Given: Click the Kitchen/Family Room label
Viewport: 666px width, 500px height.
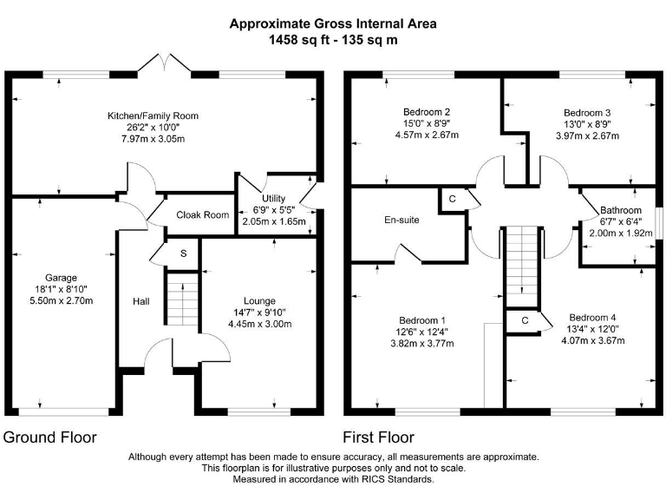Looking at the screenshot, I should point(153,115).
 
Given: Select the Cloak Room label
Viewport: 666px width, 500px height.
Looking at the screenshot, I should point(202,215).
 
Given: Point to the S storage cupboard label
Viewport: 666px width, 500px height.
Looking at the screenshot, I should point(183,253).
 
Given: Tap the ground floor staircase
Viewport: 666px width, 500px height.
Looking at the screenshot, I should point(182,301).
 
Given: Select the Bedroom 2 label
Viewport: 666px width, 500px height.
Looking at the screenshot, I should point(427,112).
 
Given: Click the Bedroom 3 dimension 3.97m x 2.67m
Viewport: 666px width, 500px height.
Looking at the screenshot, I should point(586,135).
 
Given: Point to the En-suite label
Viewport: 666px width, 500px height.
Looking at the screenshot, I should point(402,220).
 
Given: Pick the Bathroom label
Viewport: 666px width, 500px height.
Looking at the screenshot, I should point(621,211).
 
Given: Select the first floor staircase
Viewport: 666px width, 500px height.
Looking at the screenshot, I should point(522,260).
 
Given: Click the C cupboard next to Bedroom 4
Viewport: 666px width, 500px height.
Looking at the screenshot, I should point(526,320).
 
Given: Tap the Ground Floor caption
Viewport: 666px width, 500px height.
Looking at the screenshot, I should point(50,437).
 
